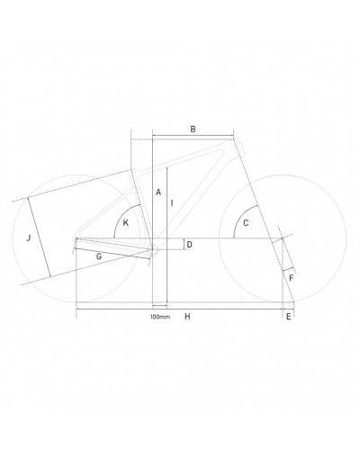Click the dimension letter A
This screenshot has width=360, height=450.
pos(158,192)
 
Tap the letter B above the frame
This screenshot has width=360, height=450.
pos(193,130)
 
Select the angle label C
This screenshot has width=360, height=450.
pos(246,223)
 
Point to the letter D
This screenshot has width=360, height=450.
pos(189,245)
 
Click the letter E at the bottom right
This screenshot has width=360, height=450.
pos(289,317)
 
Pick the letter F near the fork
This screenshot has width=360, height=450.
pos(291,278)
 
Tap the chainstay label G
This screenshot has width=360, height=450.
pos(99,256)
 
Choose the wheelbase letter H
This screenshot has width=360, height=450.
pos(187,317)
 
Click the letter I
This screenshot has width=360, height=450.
pos(172,203)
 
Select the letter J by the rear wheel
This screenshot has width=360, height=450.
pos(29,238)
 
